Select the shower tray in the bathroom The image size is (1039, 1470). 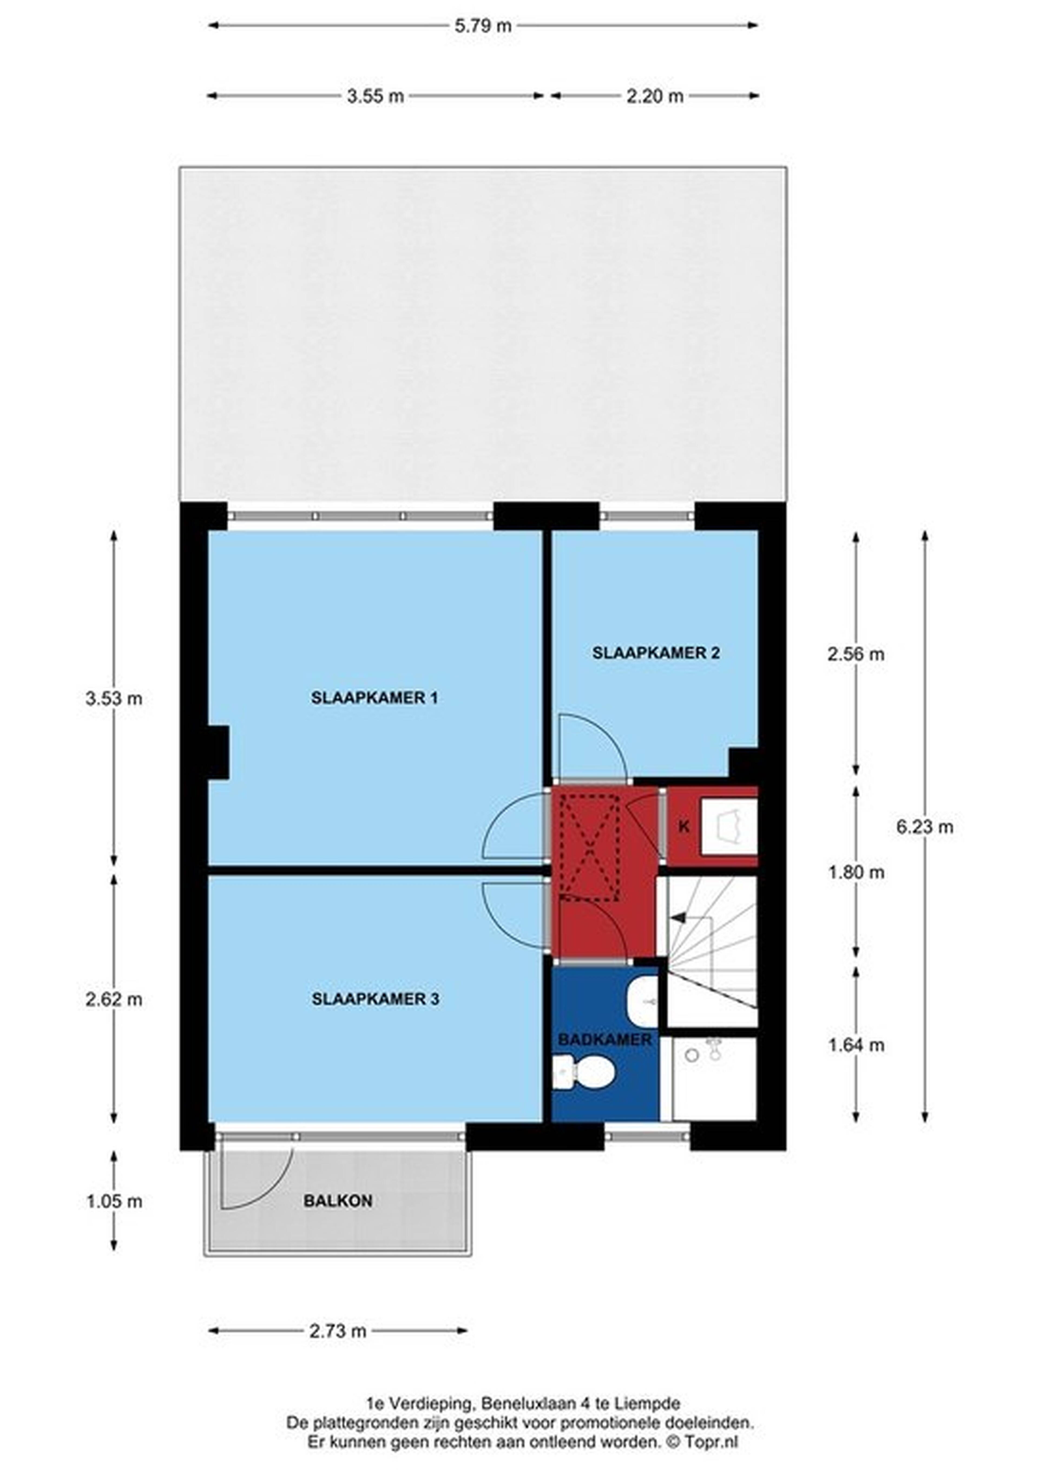point(714,1079)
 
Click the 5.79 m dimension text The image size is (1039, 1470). point(483,26)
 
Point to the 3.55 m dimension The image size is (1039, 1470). point(376,96)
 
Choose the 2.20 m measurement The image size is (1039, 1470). point(654,96)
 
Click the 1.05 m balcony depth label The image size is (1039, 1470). point(114,1201)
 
